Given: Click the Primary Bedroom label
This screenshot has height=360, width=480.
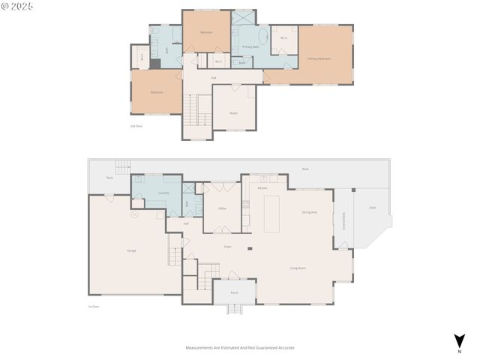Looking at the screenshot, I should [319, 58].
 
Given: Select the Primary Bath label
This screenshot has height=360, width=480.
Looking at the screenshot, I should [250, 47].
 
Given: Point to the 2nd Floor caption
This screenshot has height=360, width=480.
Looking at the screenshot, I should [136, 126].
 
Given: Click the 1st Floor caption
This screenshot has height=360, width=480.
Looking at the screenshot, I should [94, 306].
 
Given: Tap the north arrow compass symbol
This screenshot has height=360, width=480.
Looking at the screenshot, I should [458, 341].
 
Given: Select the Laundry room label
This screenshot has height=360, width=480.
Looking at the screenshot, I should [163, 193].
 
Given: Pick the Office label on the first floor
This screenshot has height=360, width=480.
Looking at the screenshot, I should [222, 208].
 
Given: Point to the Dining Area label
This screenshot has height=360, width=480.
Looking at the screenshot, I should [309, 213].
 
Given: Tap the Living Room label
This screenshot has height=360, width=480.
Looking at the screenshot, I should [298, 268].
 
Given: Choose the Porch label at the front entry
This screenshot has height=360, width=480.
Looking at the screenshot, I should [234, 292].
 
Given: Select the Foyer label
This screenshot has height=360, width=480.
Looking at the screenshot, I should [227, 246].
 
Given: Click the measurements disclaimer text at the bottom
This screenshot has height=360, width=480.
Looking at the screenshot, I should [240, 348].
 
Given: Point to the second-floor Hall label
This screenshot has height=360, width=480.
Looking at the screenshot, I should [214, 78].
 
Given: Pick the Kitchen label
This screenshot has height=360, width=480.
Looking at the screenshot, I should [262, 187].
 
